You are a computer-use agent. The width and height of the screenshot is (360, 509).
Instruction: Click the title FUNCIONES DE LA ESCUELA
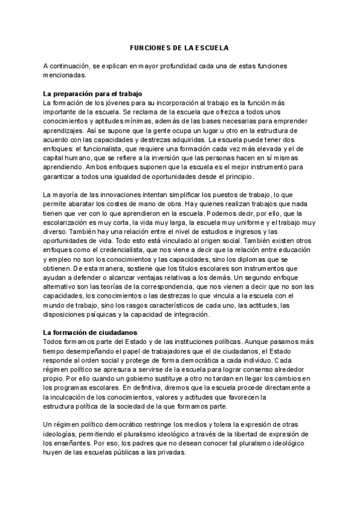[x=179, y=47]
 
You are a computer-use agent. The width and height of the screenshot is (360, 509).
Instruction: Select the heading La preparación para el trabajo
[x=91, y=94]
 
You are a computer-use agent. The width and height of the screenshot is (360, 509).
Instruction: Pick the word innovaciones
[x=115, y=195]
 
